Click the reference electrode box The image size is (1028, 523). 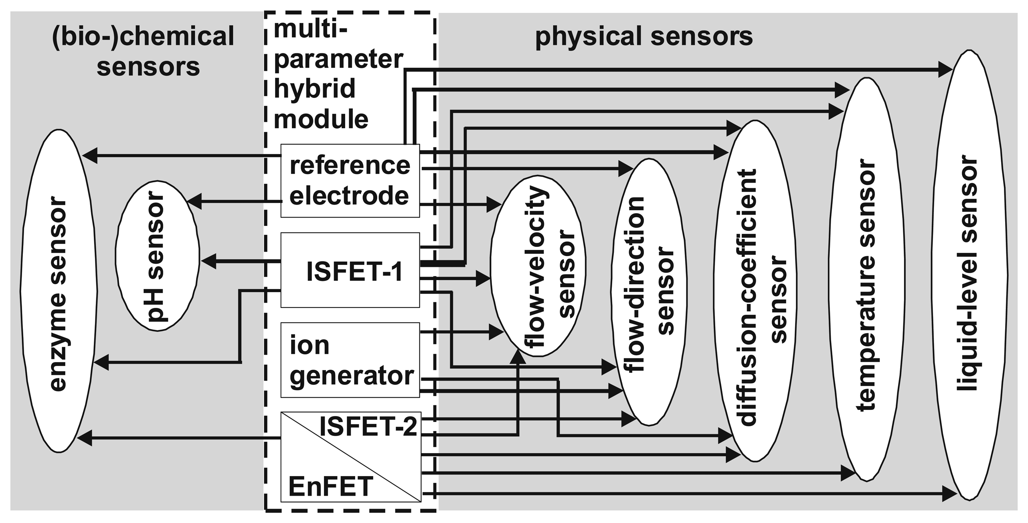coord(350,181)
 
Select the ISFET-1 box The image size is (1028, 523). coord(350,270)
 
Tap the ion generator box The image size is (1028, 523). coord(350,360)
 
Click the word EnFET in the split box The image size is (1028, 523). coord(330,486)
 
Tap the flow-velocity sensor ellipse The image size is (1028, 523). coord(537,265)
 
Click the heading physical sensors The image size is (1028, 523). coord(644,37)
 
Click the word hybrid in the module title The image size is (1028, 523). coord(315,89)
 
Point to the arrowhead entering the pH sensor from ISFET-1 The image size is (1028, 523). coord(208,262)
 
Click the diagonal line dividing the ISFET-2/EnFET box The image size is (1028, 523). coord(351,457)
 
